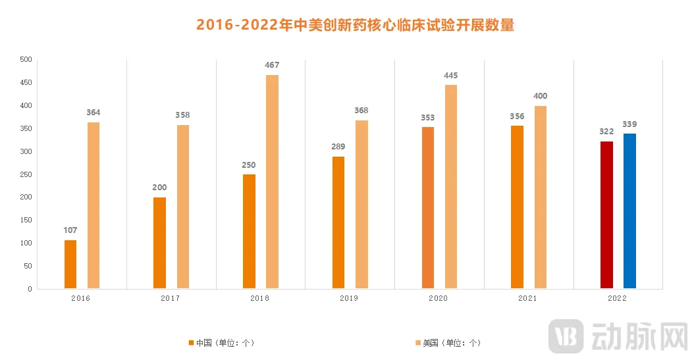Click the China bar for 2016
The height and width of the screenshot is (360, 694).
click(x=70, y=265)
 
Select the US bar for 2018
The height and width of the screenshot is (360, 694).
click(x=272, y=182)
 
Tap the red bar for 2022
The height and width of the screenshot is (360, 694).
click(x=606, y=215)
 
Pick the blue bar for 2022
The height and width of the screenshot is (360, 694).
click(x=629, y=211)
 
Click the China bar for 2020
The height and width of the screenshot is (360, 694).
click(x=427, y=208)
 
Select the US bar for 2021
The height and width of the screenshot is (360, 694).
click(x=540, y=197)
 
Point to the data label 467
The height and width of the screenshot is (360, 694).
click(x=272, y=65)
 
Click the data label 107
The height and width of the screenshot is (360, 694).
click(x=70, y=230)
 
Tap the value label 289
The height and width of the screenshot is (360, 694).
click(x=338, y=147)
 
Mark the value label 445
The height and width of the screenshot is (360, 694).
click(x=451, y=75)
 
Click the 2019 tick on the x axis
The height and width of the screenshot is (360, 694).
click(x=349, y=298)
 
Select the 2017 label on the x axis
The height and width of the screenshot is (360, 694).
click(x=170, y=298)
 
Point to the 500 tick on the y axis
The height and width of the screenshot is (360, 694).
click(x=26, y=60)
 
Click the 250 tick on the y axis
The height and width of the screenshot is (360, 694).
click(x=26, y=174)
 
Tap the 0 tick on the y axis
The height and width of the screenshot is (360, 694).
click(x=30, y=289)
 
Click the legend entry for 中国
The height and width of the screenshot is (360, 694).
click(x=221, y=343)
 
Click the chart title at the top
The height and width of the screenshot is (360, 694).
click(x=355, y=25)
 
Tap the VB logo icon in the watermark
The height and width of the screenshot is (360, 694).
click(x=566, y=336)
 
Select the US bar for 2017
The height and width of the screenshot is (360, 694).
click(x=182, y=207)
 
